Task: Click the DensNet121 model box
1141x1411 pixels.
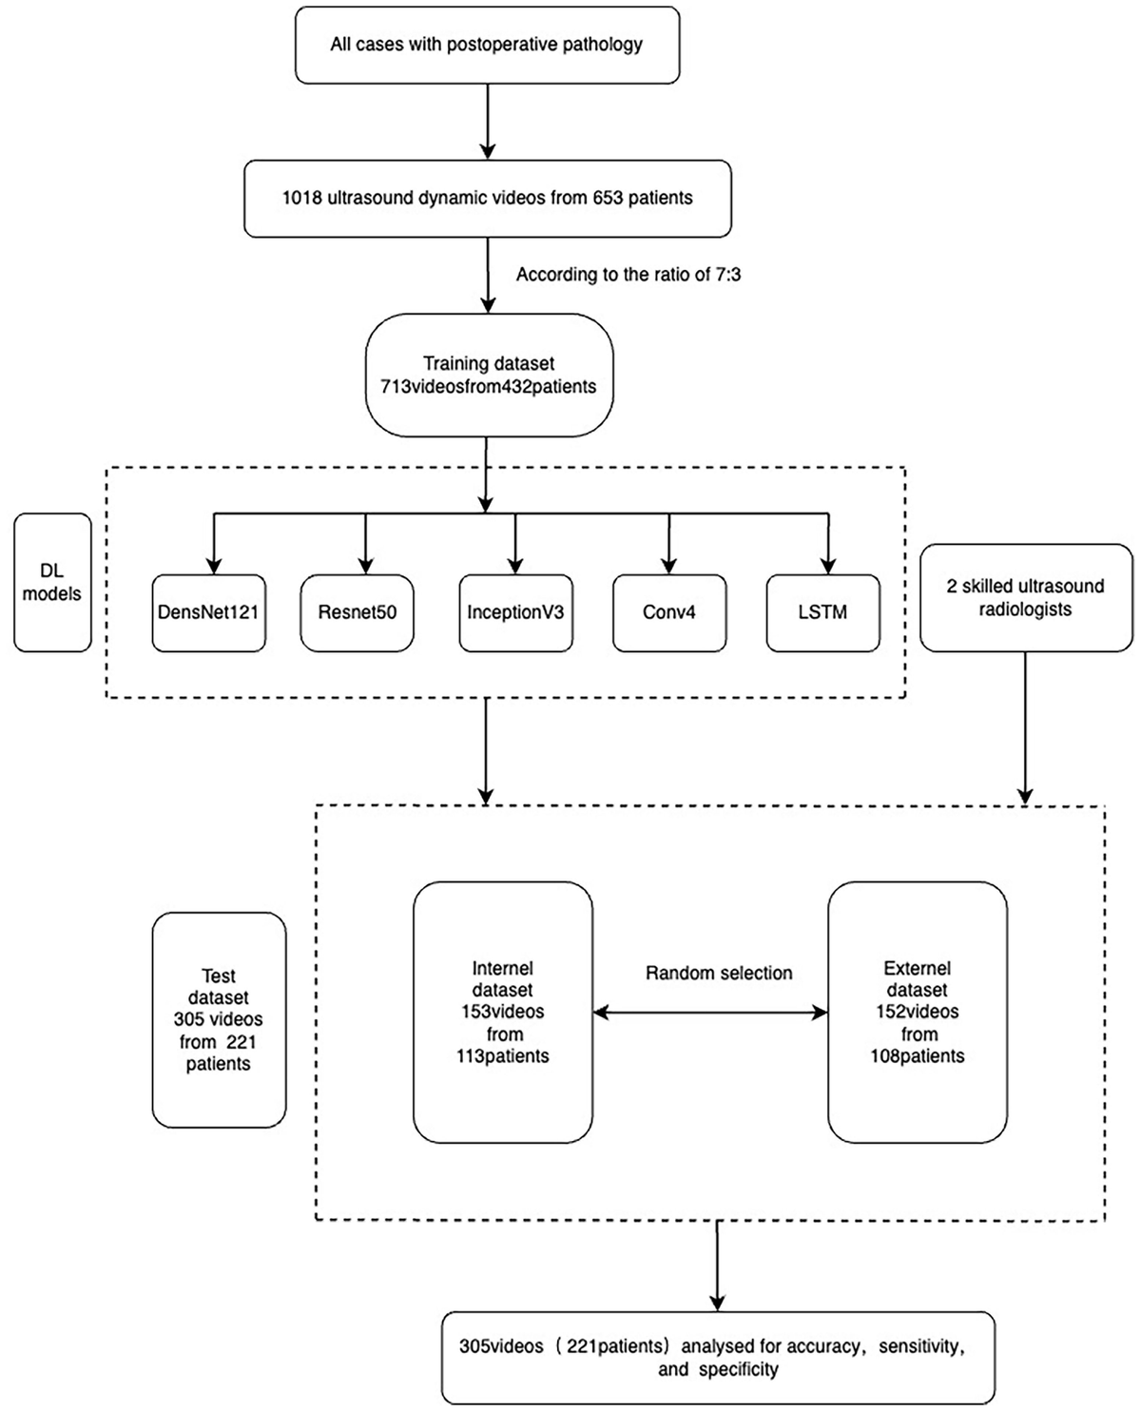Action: [x=208, y=612]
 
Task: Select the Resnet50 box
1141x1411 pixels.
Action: [x=357, y=612]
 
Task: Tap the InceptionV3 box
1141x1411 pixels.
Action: [x=515, y=612]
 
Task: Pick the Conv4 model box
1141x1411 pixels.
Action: [x=668, y=612]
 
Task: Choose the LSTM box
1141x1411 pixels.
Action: [x=822, y=612]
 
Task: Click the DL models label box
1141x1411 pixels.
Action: [x=52, y=583]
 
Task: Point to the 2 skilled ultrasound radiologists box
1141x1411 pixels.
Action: [x=1025, y=598]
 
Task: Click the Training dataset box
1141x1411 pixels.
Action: [x=489, y=376]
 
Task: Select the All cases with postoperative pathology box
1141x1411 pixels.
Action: [x=487, y=45]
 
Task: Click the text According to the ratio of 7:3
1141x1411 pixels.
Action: [x=629, y=275]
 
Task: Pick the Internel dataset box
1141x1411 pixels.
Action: [x=503, y=1012]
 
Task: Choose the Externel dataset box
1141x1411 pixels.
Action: [x=917, y=1012]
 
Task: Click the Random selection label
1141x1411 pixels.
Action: [x=719, y=974]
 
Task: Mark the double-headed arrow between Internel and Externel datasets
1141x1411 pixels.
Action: [x=710, y=1014]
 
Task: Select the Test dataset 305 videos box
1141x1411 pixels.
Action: [x=219, y=1019]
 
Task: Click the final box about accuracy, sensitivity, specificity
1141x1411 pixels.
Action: [x=718, y=1358]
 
